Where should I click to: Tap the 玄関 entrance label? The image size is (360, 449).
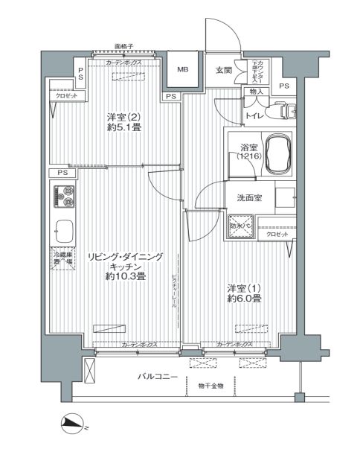(224, 71)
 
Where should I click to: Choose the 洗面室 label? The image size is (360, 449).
(248, 198)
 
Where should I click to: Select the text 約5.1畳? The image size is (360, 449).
(122, 127)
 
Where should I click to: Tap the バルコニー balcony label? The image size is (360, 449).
(158, 378)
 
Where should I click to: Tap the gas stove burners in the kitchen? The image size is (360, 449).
(62, 197)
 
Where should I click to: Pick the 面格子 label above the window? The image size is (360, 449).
(124, 45)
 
